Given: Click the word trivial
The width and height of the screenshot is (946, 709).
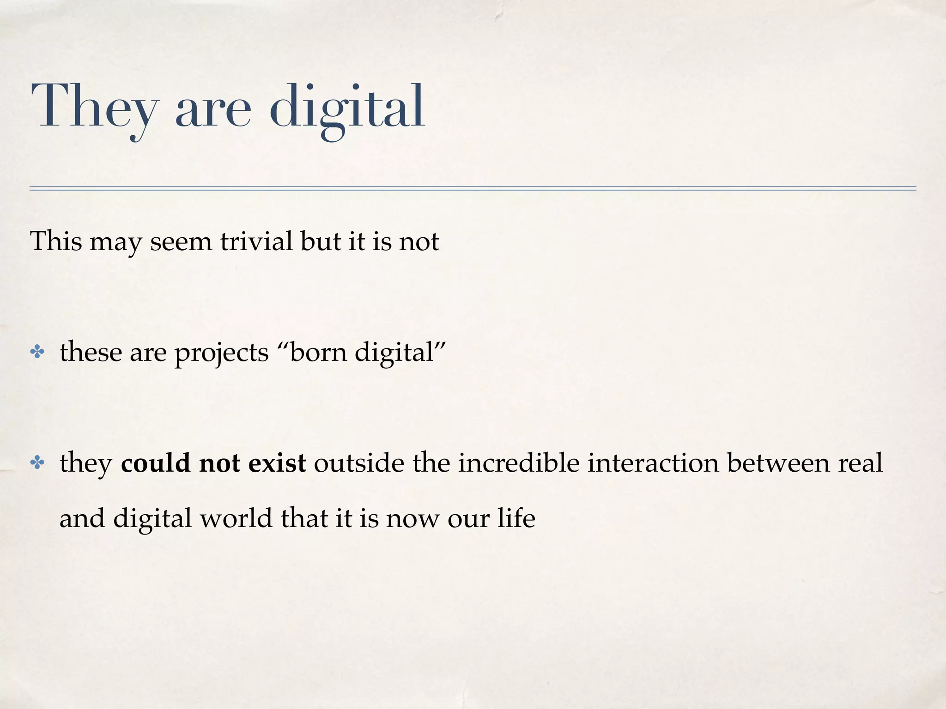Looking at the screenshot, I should click(x=256, y=241).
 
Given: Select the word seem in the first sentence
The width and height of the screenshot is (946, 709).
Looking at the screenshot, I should click(x=181, y=241).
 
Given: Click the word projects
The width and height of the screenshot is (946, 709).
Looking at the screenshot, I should click(x=221, y=354).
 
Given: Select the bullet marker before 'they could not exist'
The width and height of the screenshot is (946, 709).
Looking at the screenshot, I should click(x=36, y=463).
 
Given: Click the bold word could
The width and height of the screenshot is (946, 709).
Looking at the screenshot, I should click(x=156, y=463).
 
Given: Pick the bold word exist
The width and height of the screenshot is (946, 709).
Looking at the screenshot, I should click(x=277, y=463).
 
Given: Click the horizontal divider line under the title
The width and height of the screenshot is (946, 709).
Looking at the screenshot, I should click(x=473, y=188).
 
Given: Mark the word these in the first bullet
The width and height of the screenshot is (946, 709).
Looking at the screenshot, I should click(x=91, y=353).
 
